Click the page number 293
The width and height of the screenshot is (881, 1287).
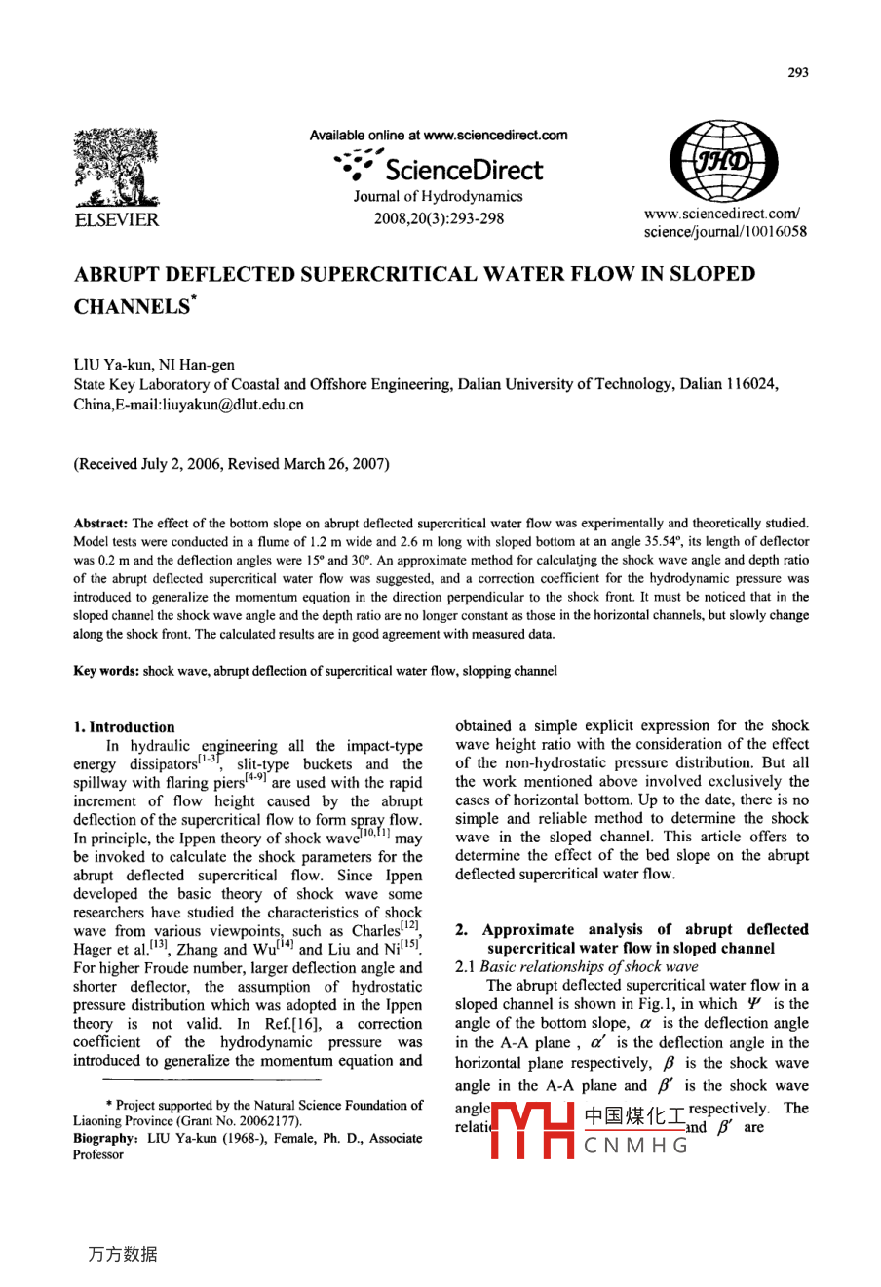click(x=797, y=72)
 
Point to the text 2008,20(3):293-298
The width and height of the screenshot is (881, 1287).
click(x=439, y=217)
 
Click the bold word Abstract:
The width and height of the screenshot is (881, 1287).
click(x=100, y=523)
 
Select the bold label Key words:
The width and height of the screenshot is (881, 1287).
click(x=106, y=671)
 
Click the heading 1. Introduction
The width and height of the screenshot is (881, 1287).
click(x=125, y=726)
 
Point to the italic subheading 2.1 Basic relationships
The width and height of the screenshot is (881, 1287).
click(x=576, y=966)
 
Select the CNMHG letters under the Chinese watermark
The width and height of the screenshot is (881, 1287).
click(x=636, y=1146)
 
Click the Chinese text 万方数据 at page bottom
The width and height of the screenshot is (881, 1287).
click(x=123, y=1255)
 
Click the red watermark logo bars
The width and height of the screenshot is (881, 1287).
click(x=532, y=1131)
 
